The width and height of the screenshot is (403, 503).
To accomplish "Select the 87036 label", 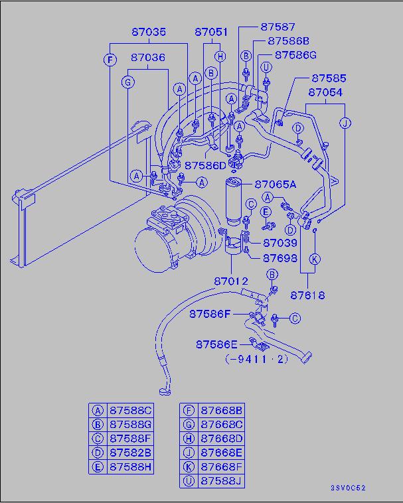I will pos(147,58).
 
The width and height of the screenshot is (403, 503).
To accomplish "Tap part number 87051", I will pos(212,32).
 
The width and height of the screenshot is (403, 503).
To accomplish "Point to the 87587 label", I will pos(278,27).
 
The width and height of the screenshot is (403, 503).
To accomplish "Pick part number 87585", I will pos(329,78).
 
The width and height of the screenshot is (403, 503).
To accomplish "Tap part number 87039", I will pos(280,244).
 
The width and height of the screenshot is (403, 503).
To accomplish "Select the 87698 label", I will pos(280,257).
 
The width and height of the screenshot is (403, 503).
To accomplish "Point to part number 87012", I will pos(232,281).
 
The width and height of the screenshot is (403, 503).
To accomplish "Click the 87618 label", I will pos(307,295).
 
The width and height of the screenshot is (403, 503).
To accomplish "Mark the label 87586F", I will pos(210,313).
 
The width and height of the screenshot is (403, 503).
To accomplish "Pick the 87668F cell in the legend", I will pos(222,467).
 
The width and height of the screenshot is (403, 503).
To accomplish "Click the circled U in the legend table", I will pos(189,480).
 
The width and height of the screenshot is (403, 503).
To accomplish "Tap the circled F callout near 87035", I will pos(110,60).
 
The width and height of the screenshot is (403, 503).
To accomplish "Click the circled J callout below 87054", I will pos(345,123).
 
